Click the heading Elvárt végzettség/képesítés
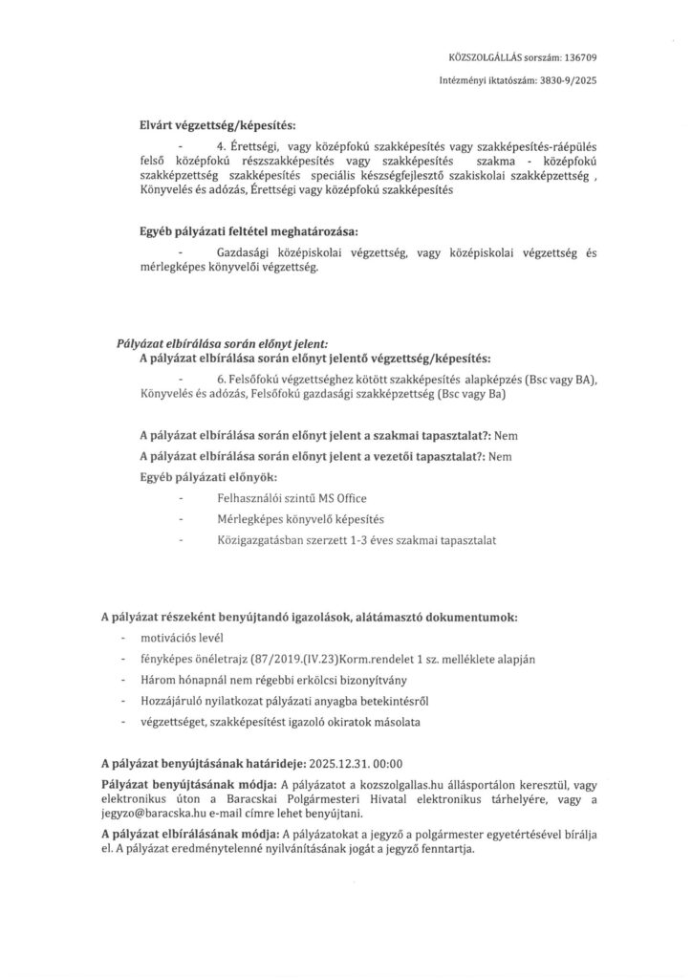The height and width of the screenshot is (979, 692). point(215,126)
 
